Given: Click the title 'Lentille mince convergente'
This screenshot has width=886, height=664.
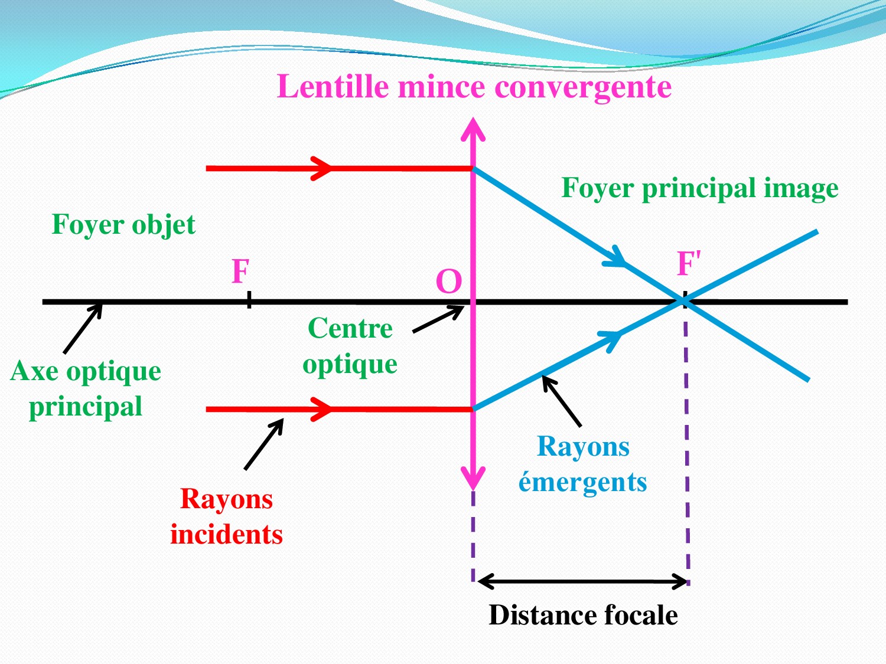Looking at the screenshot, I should tap(474, 87).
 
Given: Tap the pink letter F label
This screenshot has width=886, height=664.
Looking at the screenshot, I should tap(240, 272).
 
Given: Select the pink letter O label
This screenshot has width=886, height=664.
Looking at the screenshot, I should tap(448, 282).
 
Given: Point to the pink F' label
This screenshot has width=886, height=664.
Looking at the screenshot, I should tap(688, 263).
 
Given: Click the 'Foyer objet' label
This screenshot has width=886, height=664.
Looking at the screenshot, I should tap(123, 224).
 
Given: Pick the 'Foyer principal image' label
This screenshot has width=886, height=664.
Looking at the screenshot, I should tap(699, 188).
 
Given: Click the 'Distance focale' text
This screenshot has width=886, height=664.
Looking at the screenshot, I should tap(583, 615).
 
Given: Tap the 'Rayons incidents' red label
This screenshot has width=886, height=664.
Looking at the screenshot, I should tap(226, 516).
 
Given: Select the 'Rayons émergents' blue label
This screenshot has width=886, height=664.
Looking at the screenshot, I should tap(582, 464).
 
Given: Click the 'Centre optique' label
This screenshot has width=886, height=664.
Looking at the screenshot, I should tap(350, 346).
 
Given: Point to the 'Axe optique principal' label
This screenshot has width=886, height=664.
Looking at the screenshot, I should tap(86, 388).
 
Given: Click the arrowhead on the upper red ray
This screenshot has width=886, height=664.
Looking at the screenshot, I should tap(322, 168).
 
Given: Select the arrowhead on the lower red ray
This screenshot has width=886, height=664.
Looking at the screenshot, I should tap(322, 408).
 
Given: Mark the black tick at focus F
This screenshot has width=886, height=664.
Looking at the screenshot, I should tap(249, 300).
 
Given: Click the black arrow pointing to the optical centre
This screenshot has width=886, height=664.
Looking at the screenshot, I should tap(438, 319).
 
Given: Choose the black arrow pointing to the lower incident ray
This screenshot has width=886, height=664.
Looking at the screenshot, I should tap(264, 444).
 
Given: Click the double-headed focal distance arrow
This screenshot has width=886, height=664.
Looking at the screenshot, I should tap(582, 582).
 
